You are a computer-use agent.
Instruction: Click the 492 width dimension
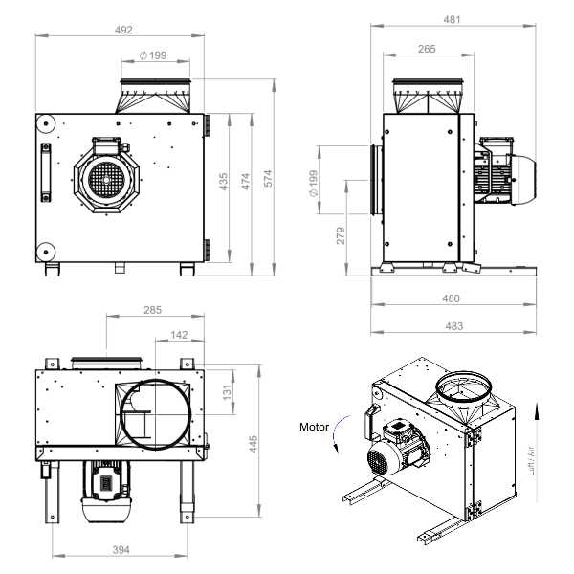click(x=123, y=30)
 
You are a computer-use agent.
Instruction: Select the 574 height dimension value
click(x=268, y=178)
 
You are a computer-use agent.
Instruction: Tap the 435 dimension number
click(x=223, y=182)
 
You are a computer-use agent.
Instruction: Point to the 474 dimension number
click(x=246, y=182)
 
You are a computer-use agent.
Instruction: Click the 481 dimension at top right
click(x=453, y=19)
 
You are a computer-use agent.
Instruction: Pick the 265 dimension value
click(x=427, y=49)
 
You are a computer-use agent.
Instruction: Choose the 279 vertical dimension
click(x=341, y=235)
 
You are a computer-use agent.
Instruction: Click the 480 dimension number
click(x=451, y=298)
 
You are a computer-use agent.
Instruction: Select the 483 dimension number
click(x=453, y=326)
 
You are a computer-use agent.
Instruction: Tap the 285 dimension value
click(x=153, y=310)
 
